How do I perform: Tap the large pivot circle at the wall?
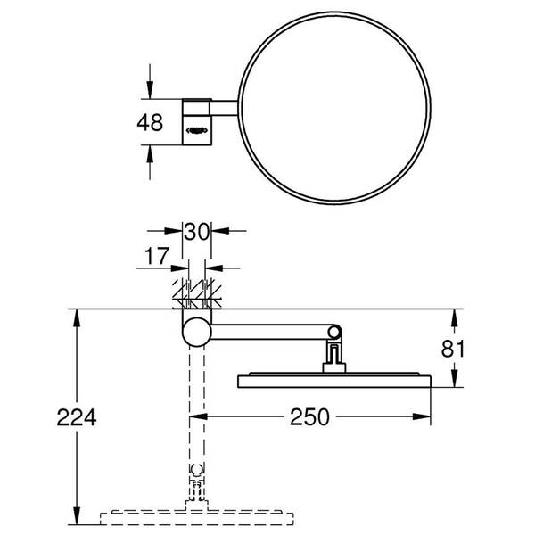[x=196, y=333]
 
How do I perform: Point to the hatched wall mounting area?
[x=196, y=292]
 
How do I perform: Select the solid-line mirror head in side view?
[x=335, y=381]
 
